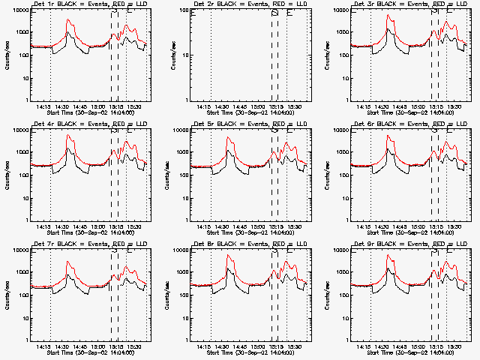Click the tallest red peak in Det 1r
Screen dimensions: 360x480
pyautogui.click(x=67, y=20)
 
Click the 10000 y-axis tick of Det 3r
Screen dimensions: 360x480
pyautogui.click(x=340, y=10)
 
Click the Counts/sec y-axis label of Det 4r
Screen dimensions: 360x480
pyautogui.click(x=7, y=174)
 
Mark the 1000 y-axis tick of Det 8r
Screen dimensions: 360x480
pyautogui.click(x=181, y=271)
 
